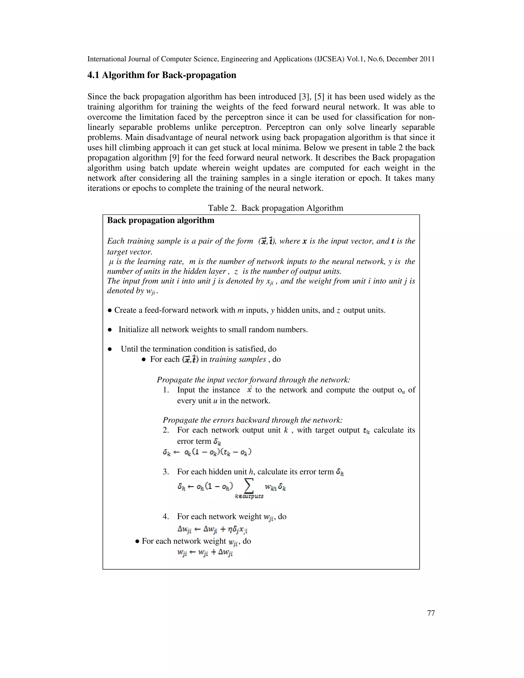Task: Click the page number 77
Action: [x=431, y=613]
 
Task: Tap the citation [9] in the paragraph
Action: [x=174, y=158]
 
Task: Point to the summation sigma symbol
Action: [x=249, y=486]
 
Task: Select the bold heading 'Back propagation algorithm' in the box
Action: [x=161, y=220]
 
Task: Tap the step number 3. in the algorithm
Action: [x=166, y=472]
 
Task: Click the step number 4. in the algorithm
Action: [x=166, y=517]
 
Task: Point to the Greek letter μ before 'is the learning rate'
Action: [x=111, y=262]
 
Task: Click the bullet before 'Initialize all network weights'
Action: [x=110, y=330]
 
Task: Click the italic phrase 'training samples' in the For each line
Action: [x=237, y=359]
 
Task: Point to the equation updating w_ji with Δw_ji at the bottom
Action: [x=205, y=553]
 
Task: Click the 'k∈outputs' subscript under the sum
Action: [x=249, y=496]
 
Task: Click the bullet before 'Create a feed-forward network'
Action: [x=110, y=310]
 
